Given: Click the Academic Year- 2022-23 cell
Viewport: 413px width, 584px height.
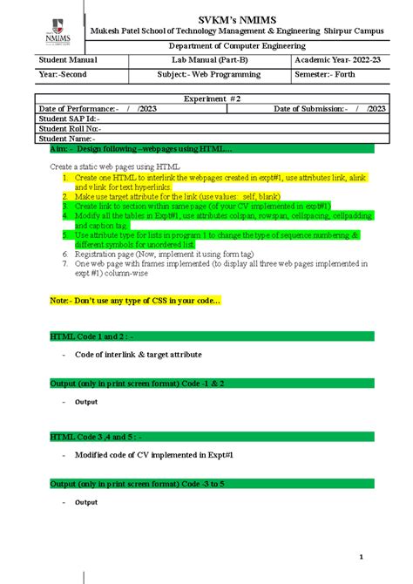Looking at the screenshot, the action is click(x=336, y=59).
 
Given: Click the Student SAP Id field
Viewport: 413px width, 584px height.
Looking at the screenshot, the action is click(x=70, y=119).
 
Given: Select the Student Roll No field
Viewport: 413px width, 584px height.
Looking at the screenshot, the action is click(x=71, y=128).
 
